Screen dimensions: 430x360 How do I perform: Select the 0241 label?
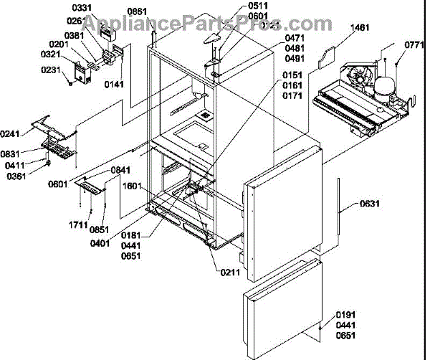(x=12, y=133)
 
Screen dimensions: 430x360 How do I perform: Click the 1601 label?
(x=132, y=184)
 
